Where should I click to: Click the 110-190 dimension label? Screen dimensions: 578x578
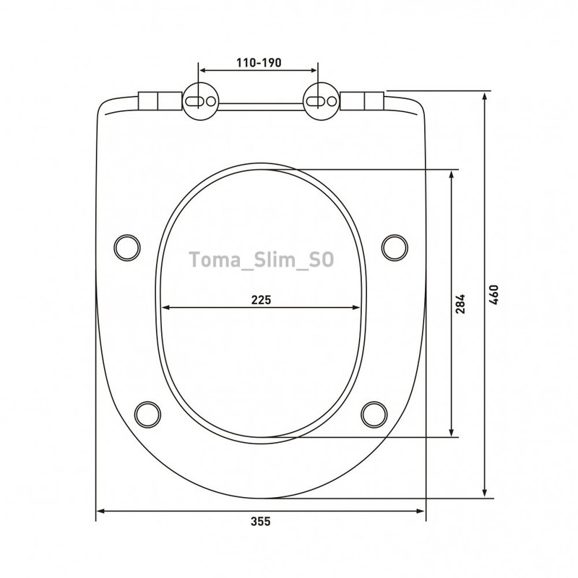click(259, 63)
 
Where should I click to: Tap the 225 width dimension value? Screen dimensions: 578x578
click(261, 300)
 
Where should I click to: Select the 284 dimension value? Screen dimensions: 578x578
click(460, 303)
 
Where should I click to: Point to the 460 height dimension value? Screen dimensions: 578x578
click(493, 294)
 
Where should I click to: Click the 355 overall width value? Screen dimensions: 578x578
click(261, 522)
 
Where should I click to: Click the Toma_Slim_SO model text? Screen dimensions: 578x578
click(262, 259)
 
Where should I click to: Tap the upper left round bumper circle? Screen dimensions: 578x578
click(127, 248)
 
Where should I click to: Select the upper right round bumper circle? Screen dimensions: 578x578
click(394, 248)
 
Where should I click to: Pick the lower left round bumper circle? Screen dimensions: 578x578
click(147, 414)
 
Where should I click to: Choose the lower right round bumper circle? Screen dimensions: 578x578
click(374, 414)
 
